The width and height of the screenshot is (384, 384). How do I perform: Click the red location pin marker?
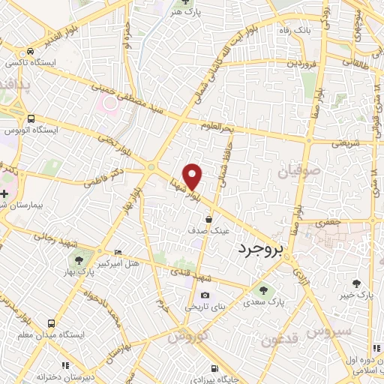click(x=193, y=175)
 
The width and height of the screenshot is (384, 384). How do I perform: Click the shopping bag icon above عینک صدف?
click(x=208, y=219)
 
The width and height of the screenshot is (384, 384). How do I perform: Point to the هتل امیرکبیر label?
click(x=136, y=253)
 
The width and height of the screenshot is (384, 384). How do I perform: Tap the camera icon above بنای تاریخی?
click(x=204, y=295)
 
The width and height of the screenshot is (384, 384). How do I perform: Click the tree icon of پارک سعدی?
click(x=262, y=289)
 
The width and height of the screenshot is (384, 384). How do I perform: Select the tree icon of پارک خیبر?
click(x=357, y=283)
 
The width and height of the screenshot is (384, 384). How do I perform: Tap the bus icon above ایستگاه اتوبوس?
click(x=31, y=118)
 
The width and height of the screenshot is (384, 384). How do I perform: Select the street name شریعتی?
click(x=345, y=142)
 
